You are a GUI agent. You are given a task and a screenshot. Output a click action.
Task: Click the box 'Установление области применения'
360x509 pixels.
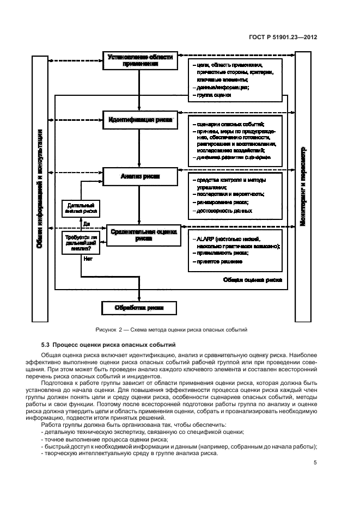click(x=140, y=60)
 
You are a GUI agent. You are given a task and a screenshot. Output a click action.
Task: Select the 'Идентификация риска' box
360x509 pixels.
click(x=140, y=119)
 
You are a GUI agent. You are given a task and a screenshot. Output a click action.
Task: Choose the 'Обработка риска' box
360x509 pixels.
click(x=140, y=308)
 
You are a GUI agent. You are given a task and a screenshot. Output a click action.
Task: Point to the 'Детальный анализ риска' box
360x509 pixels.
click(x=81, y=207)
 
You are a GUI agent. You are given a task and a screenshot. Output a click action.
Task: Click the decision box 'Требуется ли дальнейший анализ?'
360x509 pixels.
click(x=81, y=242)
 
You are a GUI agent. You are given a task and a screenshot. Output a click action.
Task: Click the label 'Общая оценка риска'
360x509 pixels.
click(x=253, y=280)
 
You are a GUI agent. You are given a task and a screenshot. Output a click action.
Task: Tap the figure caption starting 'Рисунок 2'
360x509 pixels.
click(x=171, y=329)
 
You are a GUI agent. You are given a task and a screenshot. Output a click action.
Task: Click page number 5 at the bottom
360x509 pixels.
click(x=315, y=463)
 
